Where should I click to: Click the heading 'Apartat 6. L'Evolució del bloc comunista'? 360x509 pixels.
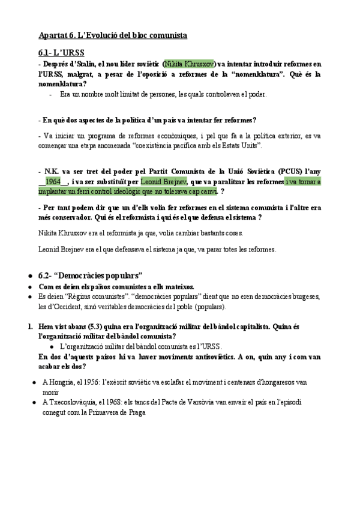pos(112,35)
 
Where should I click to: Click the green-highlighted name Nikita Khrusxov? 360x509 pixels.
pos(190,64)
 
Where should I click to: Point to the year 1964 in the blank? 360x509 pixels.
pos(53,182)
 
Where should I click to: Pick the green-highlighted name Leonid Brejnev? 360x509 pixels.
pos(163,182)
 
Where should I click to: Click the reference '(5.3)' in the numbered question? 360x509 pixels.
pos(92,327)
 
